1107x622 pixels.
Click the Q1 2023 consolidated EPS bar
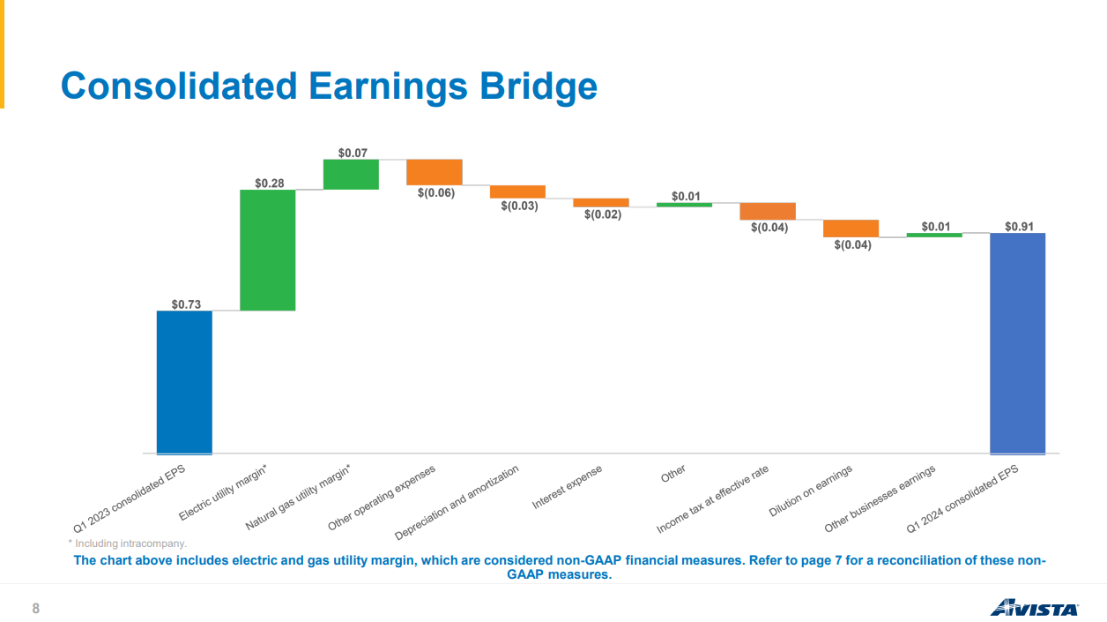184,382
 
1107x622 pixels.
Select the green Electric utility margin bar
268,250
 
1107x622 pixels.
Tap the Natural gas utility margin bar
351,174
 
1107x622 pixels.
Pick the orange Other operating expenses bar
435,172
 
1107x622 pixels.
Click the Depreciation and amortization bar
517,191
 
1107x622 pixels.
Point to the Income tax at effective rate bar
768,211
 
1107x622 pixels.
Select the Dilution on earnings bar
851,229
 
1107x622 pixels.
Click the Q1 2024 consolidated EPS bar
1017,343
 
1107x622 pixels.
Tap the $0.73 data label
186,304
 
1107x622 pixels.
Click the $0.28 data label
270,183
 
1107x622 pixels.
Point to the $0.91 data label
1019,227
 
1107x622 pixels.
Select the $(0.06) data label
436,192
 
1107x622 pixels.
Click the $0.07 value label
353,153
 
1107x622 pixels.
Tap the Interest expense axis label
568,487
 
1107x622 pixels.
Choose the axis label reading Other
673,475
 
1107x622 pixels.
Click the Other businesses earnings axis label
880,499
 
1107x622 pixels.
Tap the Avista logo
1034,608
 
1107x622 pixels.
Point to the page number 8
36,609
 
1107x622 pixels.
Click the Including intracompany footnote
128,544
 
